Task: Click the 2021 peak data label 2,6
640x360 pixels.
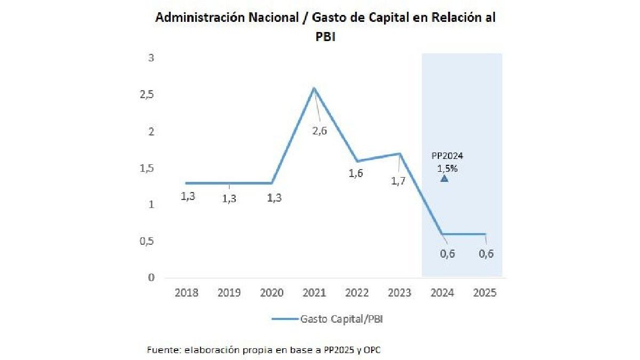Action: coord(319,131)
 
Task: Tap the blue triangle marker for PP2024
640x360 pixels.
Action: coord(444,179)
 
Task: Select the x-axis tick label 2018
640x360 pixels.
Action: coord(187,293)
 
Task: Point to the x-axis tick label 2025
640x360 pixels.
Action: coord(485,293)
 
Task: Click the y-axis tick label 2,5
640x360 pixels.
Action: coord(146,94)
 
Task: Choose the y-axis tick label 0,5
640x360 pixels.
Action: coord(146,241)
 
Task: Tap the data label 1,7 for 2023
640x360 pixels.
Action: coord(398,181)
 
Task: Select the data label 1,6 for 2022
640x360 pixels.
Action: coord(356,173)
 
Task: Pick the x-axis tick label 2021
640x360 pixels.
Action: coord(315,293)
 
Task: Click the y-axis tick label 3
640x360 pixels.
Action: coord(151,58)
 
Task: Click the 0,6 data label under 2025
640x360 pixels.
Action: coord(486,254)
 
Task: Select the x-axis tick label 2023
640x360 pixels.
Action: coord(400,293)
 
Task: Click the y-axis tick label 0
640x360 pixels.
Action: coord(151,277)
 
